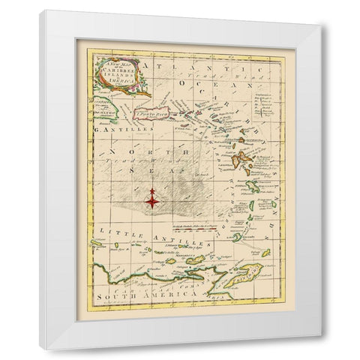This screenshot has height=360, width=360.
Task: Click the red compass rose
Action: point(152,199)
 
